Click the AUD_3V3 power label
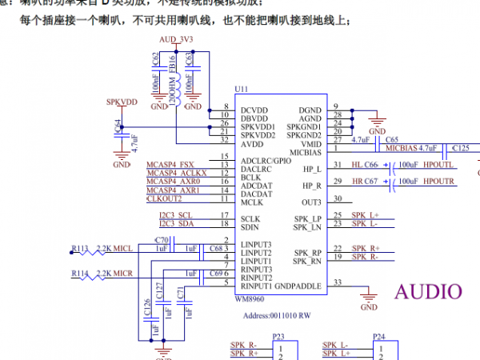click(176, 38)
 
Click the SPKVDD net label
click(122, 103)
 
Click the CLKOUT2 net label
click(165, 199)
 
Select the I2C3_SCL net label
click(175, 216)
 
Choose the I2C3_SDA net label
click(175, 225)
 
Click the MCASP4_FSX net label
click(170, 164)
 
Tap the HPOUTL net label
click(438, 164)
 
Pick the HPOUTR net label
click(438, 182)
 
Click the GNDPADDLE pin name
click(298, 286)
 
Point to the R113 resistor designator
click(81, 249)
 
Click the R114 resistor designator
click(81, 273)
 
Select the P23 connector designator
click(278, 337)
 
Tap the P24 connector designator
click(379, 337)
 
